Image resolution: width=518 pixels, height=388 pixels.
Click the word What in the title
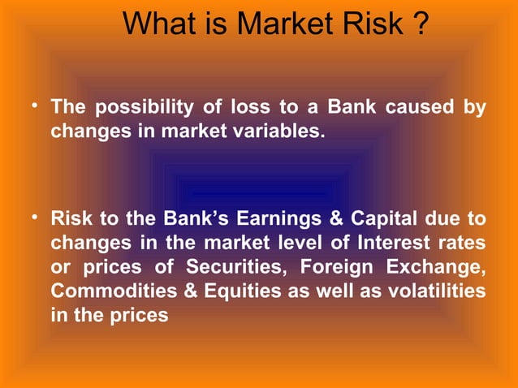[x=162, y=24]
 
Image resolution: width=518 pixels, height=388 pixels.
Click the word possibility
[x=145, y=107]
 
